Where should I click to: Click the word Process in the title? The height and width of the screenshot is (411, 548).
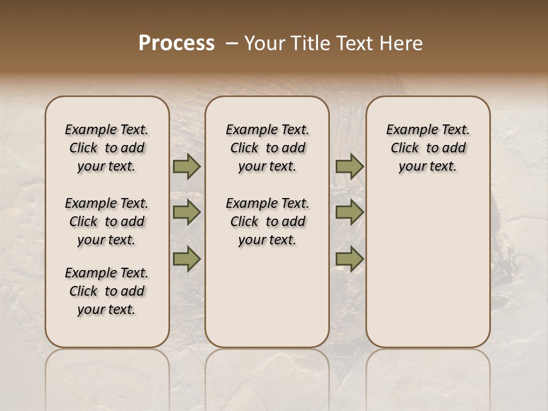coord(176,43)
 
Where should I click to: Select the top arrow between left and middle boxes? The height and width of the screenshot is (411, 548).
coord(187,167)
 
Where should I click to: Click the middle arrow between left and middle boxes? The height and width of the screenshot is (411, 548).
coord(187,212)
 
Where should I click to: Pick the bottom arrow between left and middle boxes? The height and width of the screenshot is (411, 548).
coord(187,259)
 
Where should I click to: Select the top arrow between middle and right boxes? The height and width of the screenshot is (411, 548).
coord(349,167)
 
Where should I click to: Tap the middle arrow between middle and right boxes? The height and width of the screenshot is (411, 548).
coord(349,212)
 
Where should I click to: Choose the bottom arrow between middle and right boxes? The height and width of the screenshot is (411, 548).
coord(349,259)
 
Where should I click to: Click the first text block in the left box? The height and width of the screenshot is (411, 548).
coord(107,148)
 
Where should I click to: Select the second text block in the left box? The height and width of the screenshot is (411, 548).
coord(107,221)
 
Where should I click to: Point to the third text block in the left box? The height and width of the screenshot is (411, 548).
coord(107,291)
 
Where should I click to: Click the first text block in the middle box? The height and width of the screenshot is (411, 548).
coord(268,148)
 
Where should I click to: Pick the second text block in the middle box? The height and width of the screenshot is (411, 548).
coord(268,221)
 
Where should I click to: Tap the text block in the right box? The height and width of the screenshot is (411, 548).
coord(428,148)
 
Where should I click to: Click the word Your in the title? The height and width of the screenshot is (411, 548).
coord(265,43)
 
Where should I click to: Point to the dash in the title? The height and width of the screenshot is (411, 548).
coord(231,43)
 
